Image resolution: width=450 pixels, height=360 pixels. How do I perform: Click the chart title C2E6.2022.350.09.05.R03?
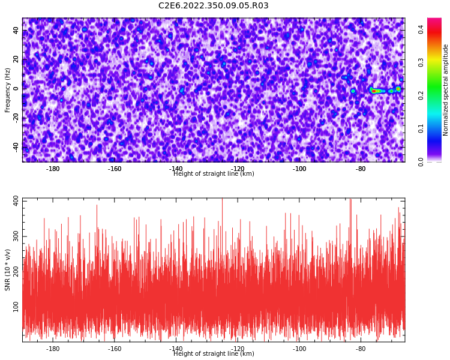point(214,5)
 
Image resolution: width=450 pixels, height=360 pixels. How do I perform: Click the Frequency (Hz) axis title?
point(7,90)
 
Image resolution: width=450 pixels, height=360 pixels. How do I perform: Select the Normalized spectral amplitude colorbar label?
point(445,90)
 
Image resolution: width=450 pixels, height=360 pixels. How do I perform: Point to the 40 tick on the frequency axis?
point(16,31)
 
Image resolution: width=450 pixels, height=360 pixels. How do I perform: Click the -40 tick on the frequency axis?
point(16,148)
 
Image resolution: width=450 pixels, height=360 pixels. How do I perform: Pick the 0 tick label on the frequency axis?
point(16,89)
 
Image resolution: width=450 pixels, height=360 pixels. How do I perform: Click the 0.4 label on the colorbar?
point(421,29)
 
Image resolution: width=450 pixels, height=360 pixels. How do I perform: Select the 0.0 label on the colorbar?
point(421,161)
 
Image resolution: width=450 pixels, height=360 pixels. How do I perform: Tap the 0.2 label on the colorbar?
point(421,95)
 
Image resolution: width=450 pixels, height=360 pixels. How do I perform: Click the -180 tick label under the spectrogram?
point(53,169)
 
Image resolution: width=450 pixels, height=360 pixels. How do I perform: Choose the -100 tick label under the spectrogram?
point(299,169)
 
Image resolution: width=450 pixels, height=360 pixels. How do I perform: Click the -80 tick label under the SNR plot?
point(361,349)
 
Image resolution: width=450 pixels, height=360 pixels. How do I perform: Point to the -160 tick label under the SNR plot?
point(115,349)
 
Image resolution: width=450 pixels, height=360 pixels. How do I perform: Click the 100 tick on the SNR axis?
point(16,307)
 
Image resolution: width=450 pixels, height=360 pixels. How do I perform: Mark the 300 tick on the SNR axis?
point(16,236)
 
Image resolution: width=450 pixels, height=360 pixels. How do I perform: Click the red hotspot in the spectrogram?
point(374,91)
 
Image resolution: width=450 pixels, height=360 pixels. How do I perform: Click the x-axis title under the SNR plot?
point(214,353)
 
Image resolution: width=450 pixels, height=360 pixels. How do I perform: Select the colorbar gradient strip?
point(434,90)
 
